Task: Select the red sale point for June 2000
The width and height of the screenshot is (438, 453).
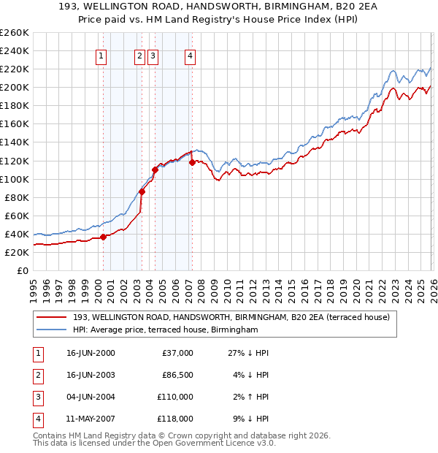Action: pyautogui.click(x=103, y=236)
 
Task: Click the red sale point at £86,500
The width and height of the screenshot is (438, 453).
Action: pyautogui.click(x=142, y=191)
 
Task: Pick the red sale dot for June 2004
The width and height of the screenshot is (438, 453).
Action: pyautogui.click(x=155, y=170)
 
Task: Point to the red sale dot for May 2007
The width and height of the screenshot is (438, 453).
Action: pyautogui.click(x=192, y=162)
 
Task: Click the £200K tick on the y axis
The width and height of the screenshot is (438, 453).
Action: pyautogui.click(x=14, y=87)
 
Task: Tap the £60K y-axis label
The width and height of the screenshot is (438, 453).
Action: pyautogui.click(x=16, y=216)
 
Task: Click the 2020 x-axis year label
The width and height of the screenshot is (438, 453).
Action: pyautogui.click(x=355, y=290)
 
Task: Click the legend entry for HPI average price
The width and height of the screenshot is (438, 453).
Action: pyautogui.click(x=165, y=330)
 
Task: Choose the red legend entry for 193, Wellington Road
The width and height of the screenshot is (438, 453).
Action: pyautogui.click(x=231, y=317)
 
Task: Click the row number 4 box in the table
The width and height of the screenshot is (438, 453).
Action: pyautogui.click(x=37, y=419)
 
